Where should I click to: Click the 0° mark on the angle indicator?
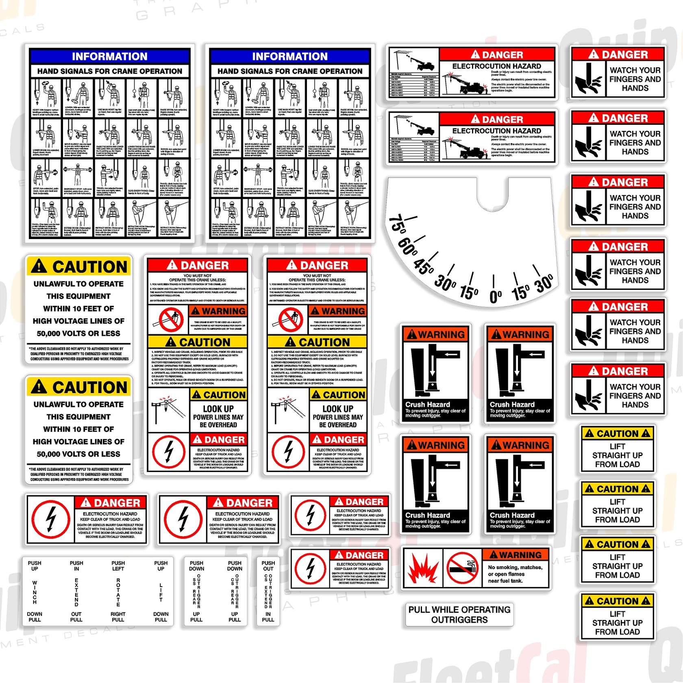point(495,296)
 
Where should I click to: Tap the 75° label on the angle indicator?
point(397,224)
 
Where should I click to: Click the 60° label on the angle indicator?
point(408,246)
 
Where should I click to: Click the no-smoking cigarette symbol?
point(462,568)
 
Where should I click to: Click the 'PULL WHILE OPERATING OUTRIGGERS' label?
point(459,614)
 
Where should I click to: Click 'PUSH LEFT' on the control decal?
point(118,566)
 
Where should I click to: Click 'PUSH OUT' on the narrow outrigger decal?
point(268,566)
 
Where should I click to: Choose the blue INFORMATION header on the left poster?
point(109,56)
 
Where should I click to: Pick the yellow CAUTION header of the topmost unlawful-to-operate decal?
point(79,267)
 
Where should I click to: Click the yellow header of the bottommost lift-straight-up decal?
point(617,600)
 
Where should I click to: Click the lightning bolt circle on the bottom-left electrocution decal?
point(51,519)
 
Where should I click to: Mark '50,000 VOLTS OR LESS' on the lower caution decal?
point(78,454)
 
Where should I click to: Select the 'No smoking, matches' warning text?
point(515,567)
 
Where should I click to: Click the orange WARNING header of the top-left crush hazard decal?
point(435,334)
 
